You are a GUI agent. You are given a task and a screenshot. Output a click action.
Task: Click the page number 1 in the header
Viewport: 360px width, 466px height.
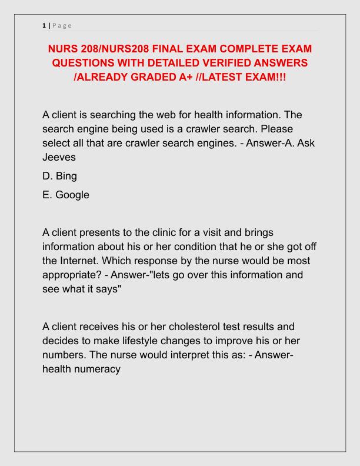(44, 25)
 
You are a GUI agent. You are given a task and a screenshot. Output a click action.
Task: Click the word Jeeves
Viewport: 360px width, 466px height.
(59, 157)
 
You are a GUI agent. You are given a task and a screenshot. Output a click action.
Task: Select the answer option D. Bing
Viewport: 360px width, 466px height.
(59, 176)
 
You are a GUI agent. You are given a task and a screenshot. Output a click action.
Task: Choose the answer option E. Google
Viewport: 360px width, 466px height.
(66, 195)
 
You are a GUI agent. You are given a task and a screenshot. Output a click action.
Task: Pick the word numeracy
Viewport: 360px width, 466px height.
(98, 369)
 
